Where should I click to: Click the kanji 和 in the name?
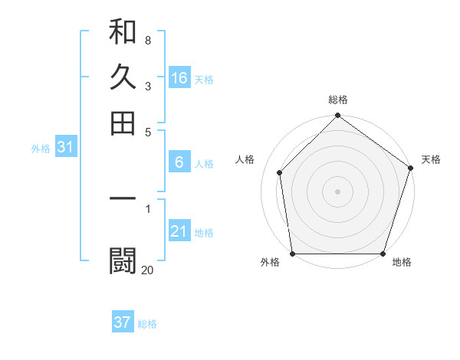coord(123,32)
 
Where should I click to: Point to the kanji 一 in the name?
coord(123,199)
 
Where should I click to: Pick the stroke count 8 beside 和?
coord(147,40)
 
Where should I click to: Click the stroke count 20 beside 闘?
coord(147,269)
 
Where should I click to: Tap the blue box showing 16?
coord(179,78)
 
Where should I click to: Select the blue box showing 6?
coord(179,162)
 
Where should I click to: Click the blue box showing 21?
coord(179,231)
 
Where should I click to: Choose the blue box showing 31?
coord(65,148)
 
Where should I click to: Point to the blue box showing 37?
coord(123,322)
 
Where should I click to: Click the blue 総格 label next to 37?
coord(147,324)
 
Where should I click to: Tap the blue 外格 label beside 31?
coord(41,149)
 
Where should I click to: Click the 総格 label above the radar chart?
coord(338,100)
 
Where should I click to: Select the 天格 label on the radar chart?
coord(431,159)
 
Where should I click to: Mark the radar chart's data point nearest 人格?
coord(280,172)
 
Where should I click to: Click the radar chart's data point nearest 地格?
coord(383,254)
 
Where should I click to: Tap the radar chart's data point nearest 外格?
coord(292,254)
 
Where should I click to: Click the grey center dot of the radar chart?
coord(338,191)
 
